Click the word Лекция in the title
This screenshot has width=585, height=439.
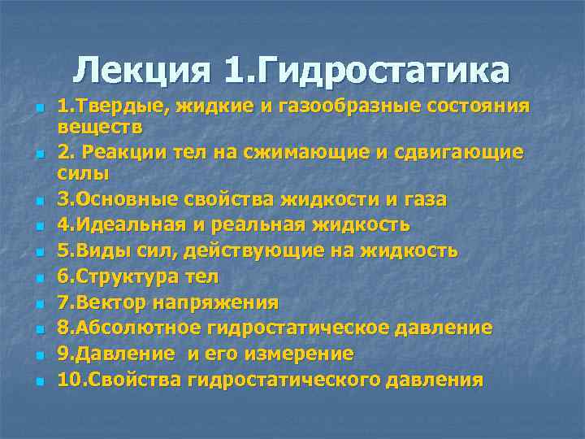click(x=145, y=72)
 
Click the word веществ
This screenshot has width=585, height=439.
click(x=100, y=127)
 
